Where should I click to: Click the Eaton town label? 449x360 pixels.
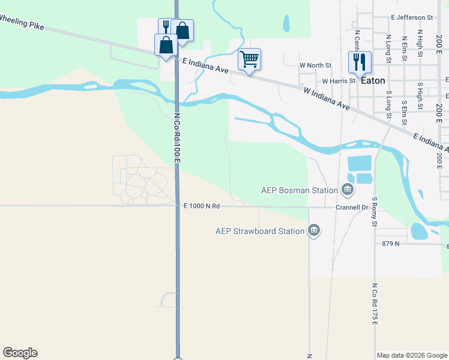(373, 80)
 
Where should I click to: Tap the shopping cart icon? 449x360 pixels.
(249, 59)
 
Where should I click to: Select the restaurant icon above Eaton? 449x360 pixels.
(360, 61)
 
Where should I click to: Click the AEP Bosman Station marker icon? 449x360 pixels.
(348, 191)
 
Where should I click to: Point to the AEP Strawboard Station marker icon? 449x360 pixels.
(313, 230)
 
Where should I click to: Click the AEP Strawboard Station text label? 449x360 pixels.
(260, 230)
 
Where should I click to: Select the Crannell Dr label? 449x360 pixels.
(352, 208)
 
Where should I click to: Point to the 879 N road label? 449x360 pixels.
(391, 243)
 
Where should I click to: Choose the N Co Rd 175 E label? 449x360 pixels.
(374, 304)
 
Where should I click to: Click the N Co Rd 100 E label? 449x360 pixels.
(177, 137)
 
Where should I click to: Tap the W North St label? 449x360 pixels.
(315, 65)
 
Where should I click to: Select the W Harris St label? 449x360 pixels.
(339, 80)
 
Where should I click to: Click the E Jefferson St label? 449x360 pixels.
(411, 18)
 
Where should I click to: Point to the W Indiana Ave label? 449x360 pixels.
(327, 99)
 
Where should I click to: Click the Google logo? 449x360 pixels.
(20, 353)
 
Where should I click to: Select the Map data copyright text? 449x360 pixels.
(411, 355)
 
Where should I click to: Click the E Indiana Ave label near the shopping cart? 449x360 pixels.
(206, 65)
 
